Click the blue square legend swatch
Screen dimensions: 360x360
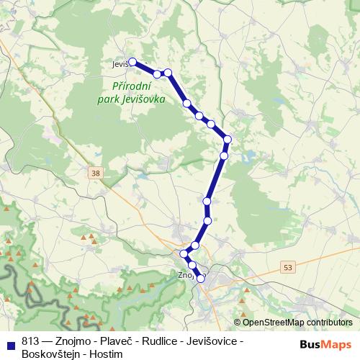[12, 341]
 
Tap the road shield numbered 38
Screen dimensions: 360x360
[96, 173]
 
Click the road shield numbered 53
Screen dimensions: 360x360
[288, 267]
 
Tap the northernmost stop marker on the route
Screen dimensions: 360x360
[132, 62]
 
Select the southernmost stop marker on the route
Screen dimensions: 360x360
[201, 279]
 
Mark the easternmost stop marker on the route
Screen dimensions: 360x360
[228, 139]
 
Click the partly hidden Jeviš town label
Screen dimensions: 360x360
[120, 64]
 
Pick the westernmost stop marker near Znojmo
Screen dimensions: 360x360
[183, 253]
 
